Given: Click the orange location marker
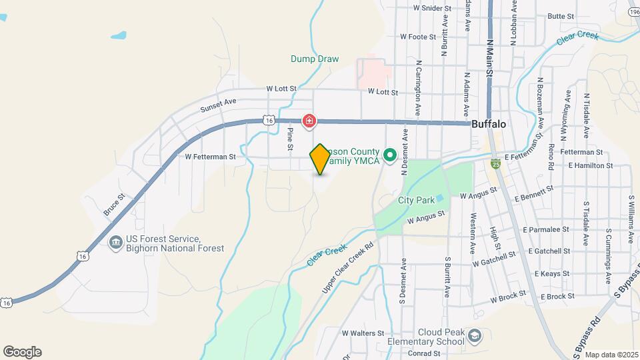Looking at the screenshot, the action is [x=320, y=159].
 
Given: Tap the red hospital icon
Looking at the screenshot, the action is [x=309, y=121].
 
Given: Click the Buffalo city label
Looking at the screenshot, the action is [x=489, y=125].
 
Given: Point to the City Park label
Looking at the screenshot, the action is [x=416, y=200].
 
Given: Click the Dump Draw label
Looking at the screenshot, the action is [x=315, y=59].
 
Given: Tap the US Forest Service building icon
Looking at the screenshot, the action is [x=115, y=241].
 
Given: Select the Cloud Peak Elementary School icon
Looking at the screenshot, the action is [x=474, y=335].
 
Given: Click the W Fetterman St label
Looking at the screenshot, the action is [x=211, y=157].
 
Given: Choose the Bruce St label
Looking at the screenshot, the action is [x=114, y=205].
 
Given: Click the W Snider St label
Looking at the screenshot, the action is [x=432, y=9].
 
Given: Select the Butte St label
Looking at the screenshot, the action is [x=560, y=17].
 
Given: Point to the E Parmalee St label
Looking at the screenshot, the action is [x=547, y=229].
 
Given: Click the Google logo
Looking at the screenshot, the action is [x=22, y=351].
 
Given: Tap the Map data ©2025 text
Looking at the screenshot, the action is [x=611, y=355].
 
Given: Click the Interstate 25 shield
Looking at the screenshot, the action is [x=495, y=162].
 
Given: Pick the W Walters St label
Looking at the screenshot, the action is [x=363, y=333].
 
